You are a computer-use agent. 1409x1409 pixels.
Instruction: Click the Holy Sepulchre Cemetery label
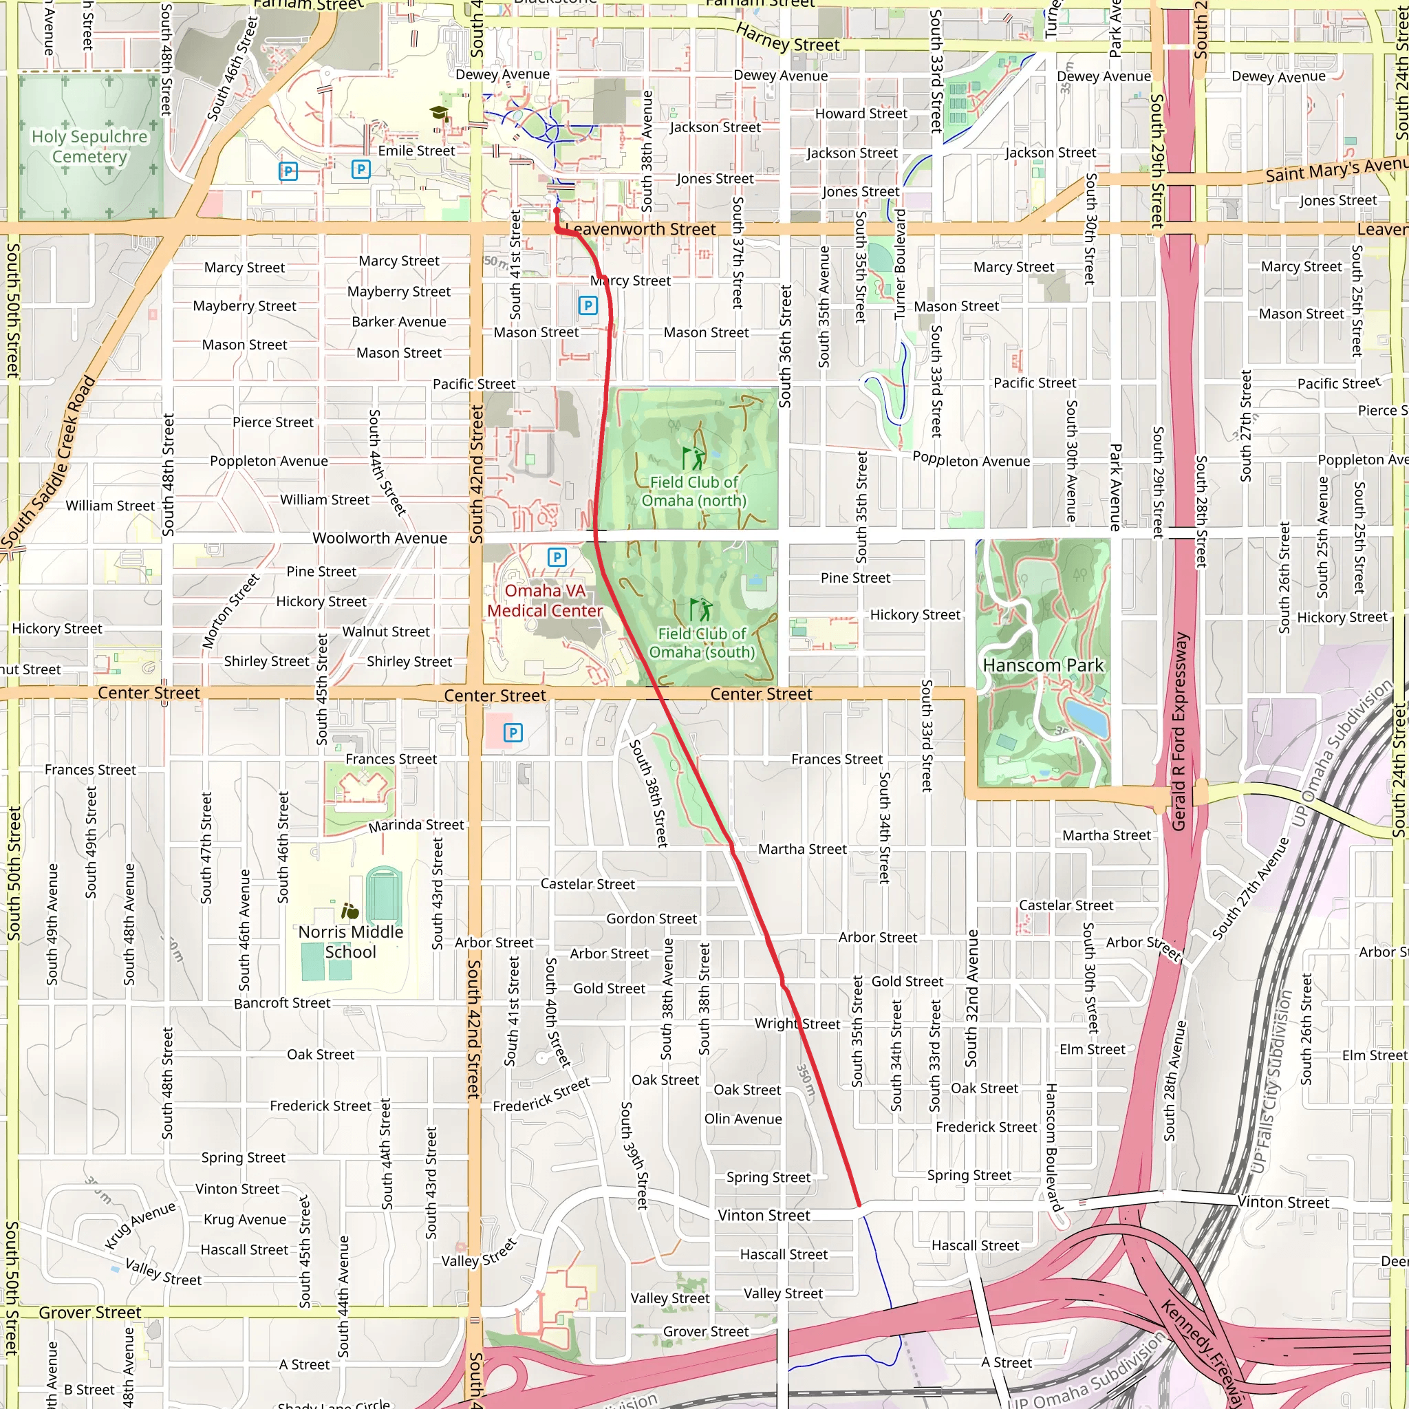[89, 147]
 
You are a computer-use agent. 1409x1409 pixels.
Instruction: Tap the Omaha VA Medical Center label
[545, 600]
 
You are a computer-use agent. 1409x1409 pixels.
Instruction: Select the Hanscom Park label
[1043, 665]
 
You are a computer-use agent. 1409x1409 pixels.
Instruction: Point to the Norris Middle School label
[351, 942]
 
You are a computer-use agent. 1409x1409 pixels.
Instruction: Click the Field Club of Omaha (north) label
[693, 491]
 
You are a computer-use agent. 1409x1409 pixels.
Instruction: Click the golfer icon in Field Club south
[701, 609]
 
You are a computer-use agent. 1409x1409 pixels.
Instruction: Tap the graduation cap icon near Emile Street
[438, 113]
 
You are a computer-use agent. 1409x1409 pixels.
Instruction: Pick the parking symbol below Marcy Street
[588, 305]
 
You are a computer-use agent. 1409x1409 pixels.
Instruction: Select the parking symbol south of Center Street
[513, 732]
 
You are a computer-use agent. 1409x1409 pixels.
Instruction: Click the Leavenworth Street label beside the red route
[641, 229]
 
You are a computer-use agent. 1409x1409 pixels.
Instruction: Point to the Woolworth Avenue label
[379, 538]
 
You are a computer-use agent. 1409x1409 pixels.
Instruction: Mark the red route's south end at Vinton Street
[860, 1205]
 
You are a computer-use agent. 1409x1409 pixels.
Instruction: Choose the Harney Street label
[787, 38]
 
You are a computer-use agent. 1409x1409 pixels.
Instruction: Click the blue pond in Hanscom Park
[1086, 718]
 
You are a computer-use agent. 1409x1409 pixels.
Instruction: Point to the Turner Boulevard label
[900, 264]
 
